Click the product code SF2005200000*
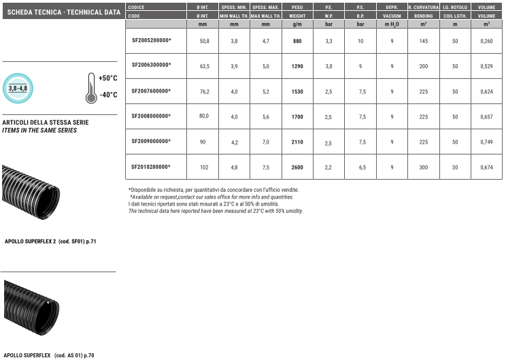click(x=151, y=40)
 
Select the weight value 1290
click(x=297, y=66)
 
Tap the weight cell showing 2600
click(x=297, y=167)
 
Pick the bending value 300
click(x=424, y=167)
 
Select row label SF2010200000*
click(x=151, y=167)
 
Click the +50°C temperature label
click(x=107, y=78)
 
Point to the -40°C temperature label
click(x=108, y=95)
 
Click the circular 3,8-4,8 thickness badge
click(x=18, y=88)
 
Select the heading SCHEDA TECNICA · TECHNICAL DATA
click(x=63, y=12)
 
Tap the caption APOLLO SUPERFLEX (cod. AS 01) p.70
click(x=49, y=355)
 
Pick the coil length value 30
click(x=455, y=167)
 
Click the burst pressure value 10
click(x=360, y=41)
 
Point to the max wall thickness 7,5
click(x=266, y=167)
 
